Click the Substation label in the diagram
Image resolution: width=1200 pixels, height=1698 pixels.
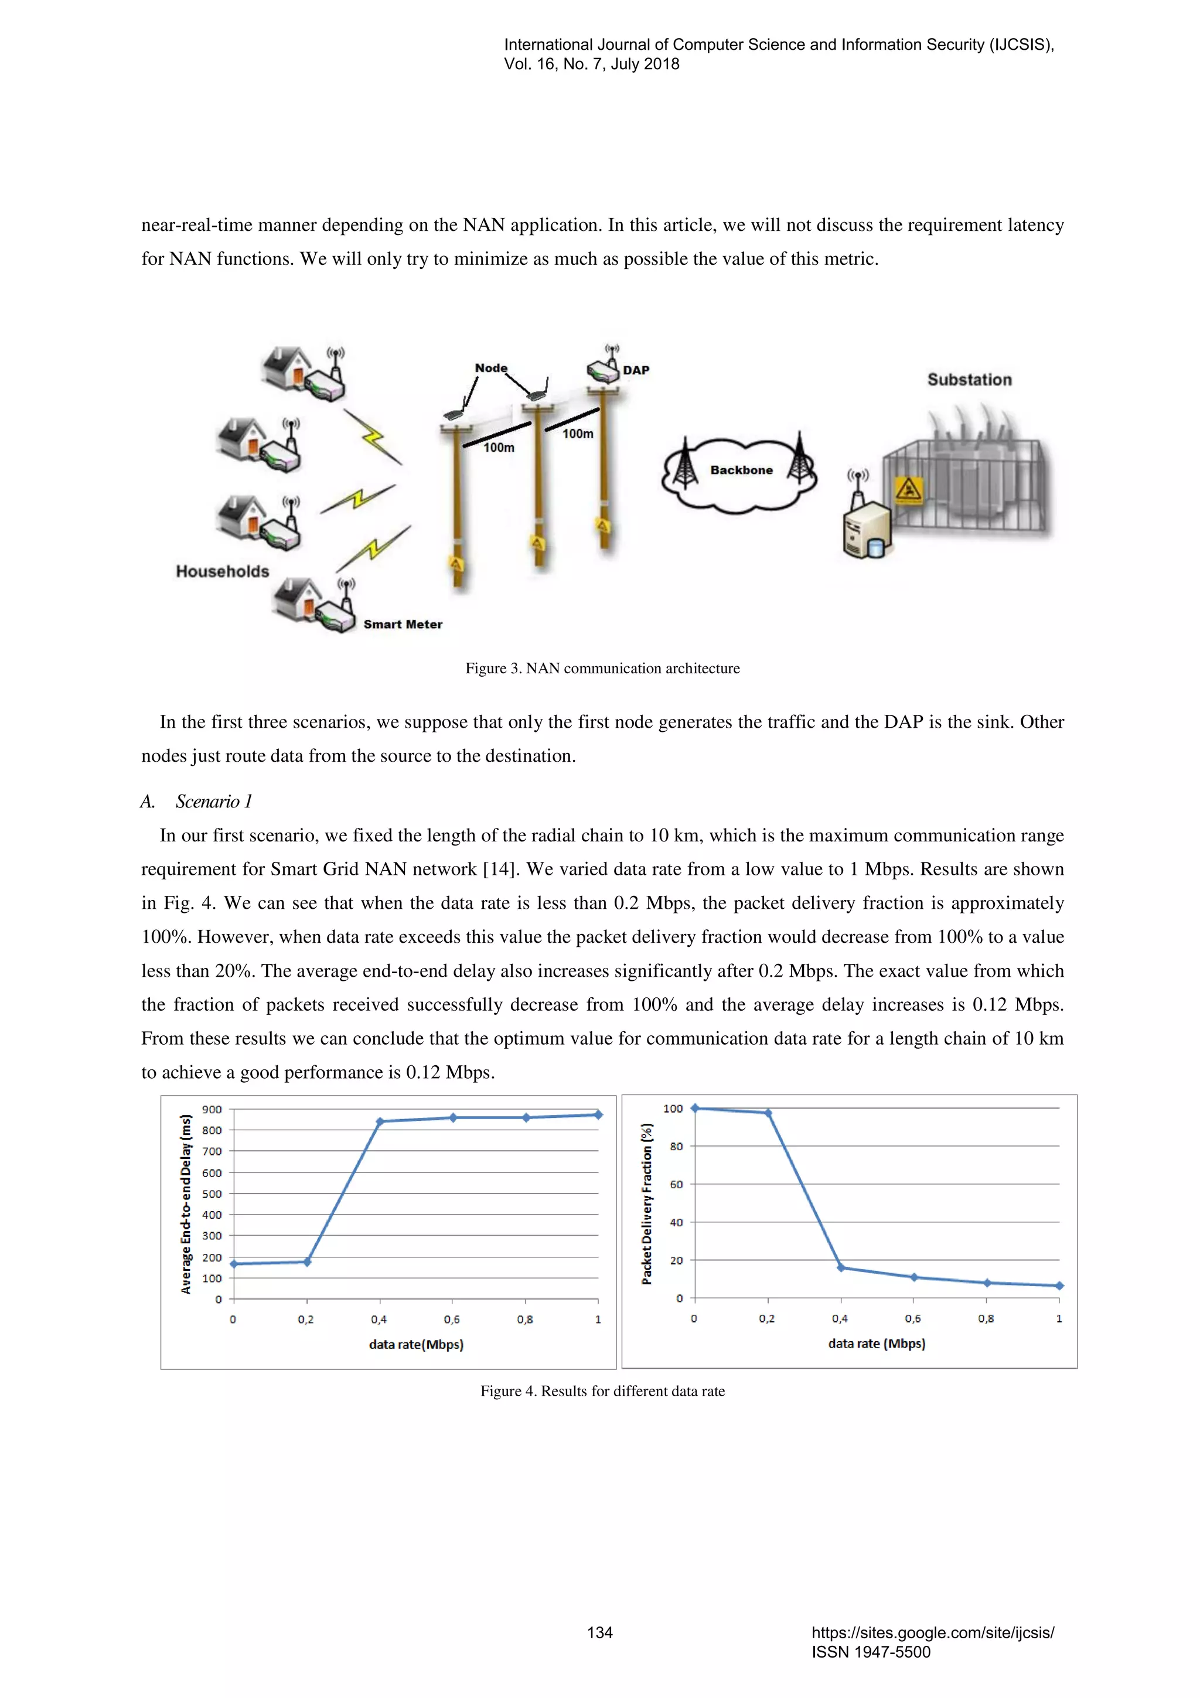coord(969,380)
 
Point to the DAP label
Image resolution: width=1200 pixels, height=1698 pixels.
coord(635,370)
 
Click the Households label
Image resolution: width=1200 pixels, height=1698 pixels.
coord(222,571)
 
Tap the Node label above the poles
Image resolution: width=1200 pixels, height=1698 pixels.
coord(491,367)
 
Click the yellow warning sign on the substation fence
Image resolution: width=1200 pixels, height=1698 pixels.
coord(908,489)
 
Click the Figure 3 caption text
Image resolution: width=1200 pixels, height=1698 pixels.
coord(602,669)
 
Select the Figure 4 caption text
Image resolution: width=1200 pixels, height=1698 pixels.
coord(602,1391)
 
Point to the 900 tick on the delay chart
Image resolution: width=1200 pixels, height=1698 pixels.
coord(212,1109)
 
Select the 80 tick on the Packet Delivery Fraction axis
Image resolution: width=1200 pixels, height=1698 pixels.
coord(676,1146)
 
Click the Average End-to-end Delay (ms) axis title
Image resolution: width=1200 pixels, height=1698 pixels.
coord(186,1204)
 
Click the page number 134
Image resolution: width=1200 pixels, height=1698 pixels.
coord(599,1632)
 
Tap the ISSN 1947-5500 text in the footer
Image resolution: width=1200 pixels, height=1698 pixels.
coord(870,1652)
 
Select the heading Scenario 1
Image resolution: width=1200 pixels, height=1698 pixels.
coord(214,802)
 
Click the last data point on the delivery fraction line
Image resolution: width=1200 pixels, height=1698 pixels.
coord(1059,1286)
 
